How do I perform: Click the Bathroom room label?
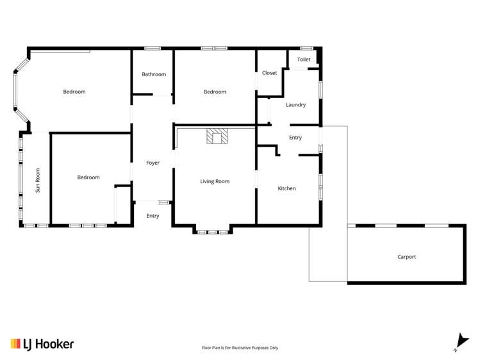(x=154, y=74)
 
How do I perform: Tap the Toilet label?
(x=304, y=60)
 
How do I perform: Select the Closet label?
(x=270, y=73)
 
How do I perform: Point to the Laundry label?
(x=295, y=104)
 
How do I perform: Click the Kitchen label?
(x=286, y=188)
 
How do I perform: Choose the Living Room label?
(x=215, y=181)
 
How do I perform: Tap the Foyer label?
(x=153, y=163)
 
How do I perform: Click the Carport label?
(x=406, y=257)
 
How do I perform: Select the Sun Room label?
(x=38, y=180)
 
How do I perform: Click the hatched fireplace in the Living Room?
(x=217, y=136)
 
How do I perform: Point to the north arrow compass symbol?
(x=458, y=342)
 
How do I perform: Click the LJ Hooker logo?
(x=42, y=344)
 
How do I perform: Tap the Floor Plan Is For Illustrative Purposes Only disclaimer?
(x=240, y=348)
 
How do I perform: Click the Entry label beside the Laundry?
(x=295, y=138)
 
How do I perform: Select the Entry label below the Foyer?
(x=153, y=216)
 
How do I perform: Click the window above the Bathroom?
(x=152, y=48)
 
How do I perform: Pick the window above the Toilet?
(x=306, y=48)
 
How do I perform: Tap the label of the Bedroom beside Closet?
(x=215, y=92)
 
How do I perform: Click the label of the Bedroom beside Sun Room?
(x=88, y=177)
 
